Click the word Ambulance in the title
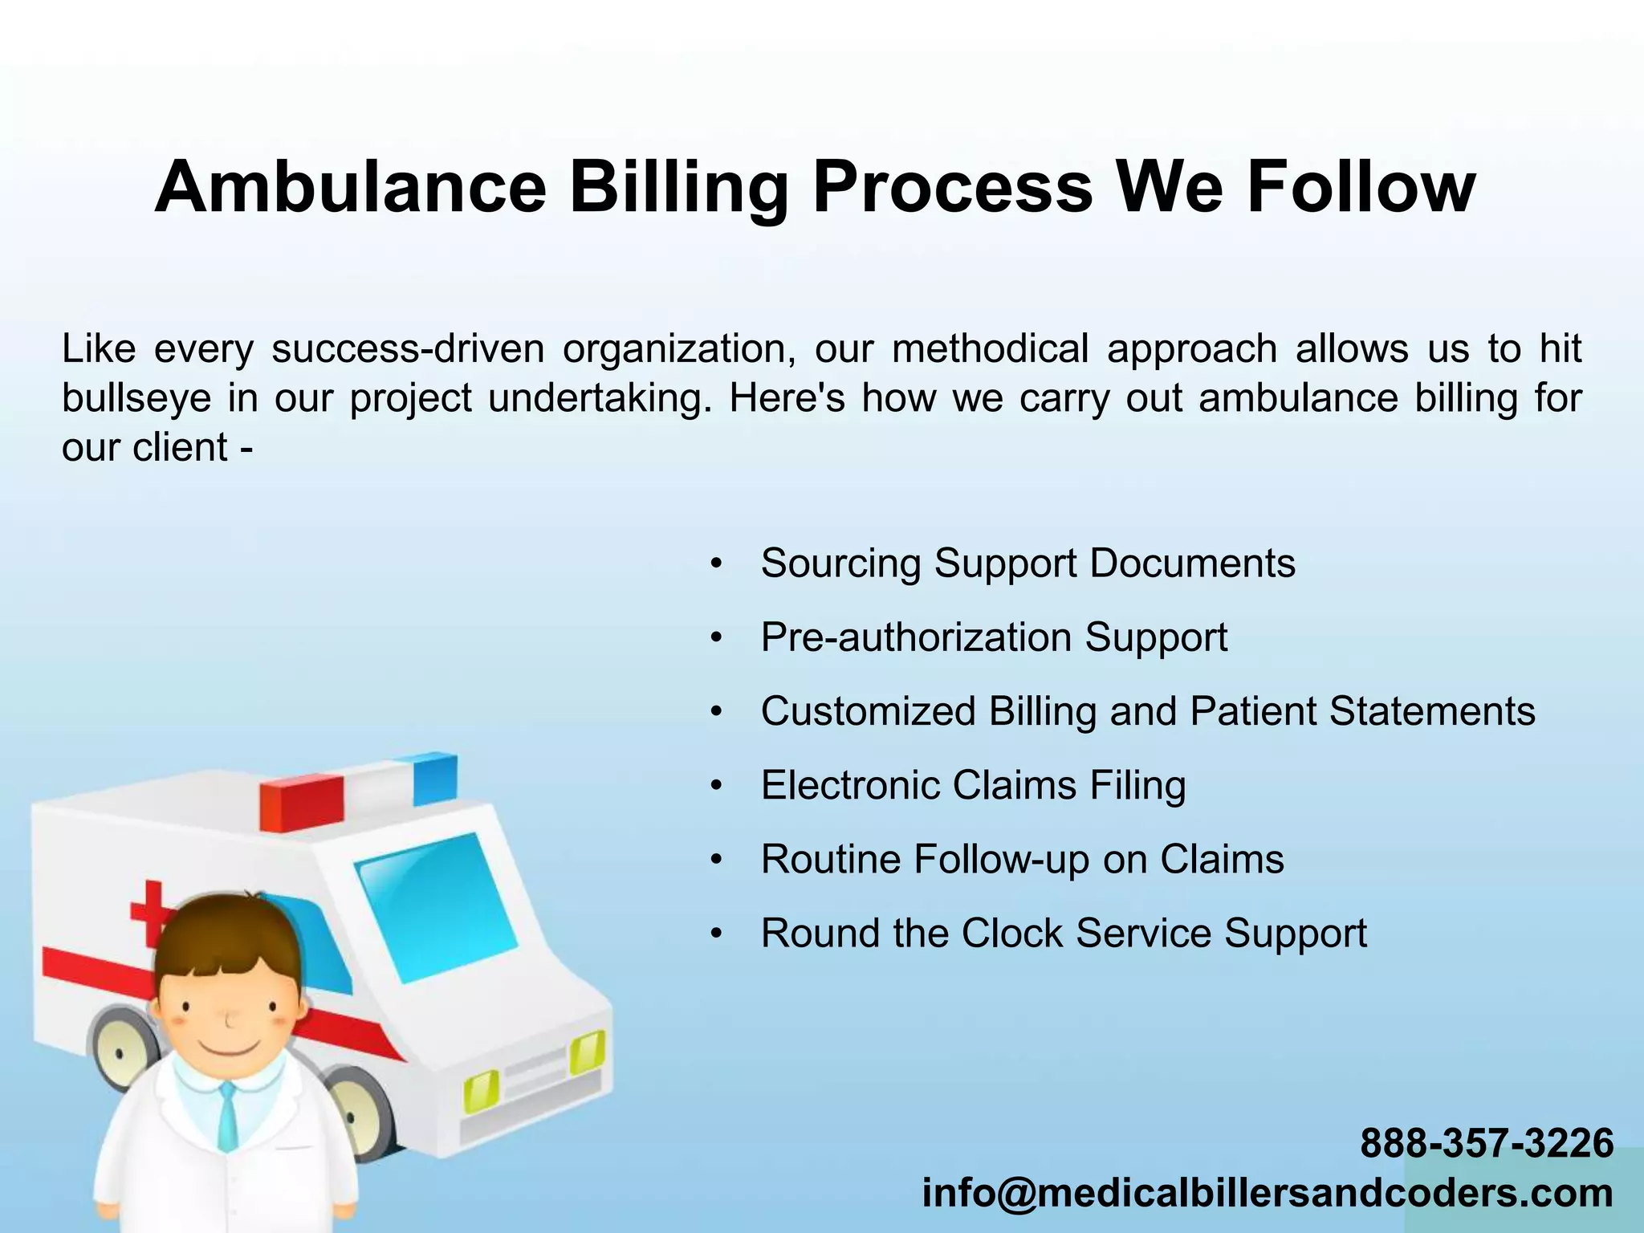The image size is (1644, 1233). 351,187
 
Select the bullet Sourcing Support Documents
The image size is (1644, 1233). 1027,564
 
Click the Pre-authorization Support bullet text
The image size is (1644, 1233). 994,638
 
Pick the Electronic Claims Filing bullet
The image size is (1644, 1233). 973,786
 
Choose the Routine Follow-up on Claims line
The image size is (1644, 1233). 1022,860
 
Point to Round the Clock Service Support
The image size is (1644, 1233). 1064,934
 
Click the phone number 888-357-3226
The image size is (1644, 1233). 1487,1143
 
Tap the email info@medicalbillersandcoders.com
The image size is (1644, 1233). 1267,1193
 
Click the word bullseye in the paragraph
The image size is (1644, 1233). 136,399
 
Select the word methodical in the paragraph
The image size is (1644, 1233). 990,349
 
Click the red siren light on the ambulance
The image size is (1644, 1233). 301,803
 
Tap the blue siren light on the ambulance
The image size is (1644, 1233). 435,779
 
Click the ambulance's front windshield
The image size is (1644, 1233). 436,907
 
